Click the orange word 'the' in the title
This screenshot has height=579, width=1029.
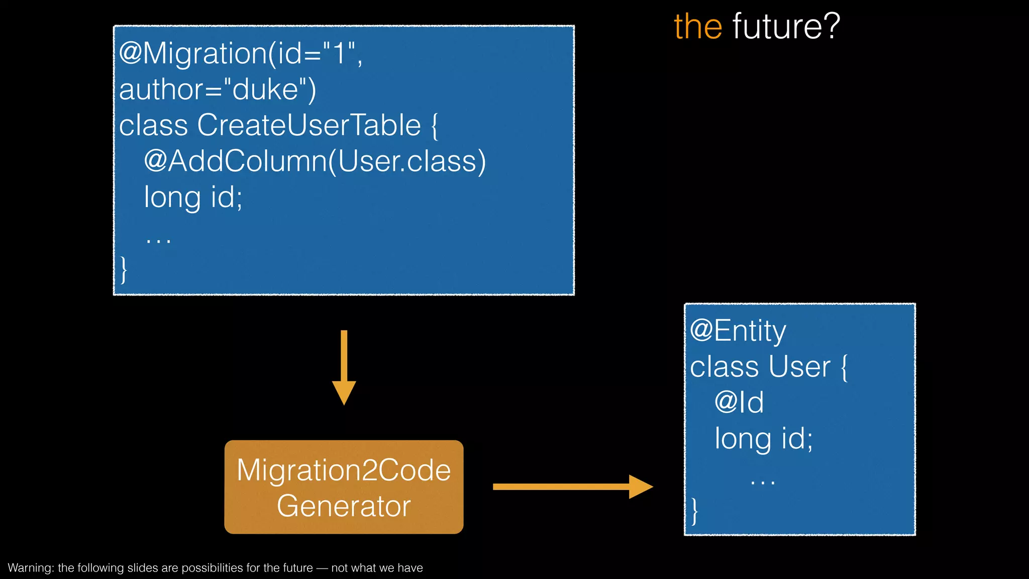[x=698, y=27]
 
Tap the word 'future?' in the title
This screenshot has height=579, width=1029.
[x=786, y=27]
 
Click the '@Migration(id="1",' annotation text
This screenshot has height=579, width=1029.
[x=240, y=53]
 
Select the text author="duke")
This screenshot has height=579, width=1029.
[x=218, y=89]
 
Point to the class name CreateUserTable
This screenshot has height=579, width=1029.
[x=308, y=125]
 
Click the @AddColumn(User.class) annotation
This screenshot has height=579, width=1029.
[x=315, y=161]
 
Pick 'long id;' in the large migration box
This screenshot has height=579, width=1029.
[x=193, y=197]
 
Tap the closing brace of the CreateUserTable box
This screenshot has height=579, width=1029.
[x=124, y=269]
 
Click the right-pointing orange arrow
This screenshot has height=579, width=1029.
[x=573, y=487]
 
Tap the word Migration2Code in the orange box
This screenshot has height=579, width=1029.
[x=344, y=470]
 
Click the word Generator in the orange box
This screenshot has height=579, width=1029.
[x=344, y=506]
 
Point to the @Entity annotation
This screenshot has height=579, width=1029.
[x=738, y=331]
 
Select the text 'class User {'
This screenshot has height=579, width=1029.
[x=769, y=367]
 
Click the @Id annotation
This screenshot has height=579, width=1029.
[x=739, y=403]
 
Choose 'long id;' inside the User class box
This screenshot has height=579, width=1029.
[x=764, y=439]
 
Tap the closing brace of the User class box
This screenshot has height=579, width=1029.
[x=694, y=511]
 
